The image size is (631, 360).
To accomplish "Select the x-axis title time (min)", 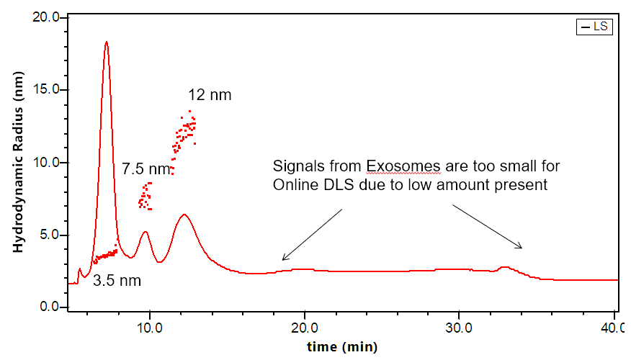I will [x=341, y=347].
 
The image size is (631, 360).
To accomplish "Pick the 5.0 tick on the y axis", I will [x=50, y=235].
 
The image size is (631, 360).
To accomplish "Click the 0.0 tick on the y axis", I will [x=50, y=307].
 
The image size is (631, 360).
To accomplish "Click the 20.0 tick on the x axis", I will [x=305, y=325].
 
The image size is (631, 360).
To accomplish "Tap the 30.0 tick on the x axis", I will [x=460, y=325].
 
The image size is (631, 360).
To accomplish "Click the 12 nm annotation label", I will [x=210, y=95].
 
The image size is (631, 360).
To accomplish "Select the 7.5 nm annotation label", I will [x=146, y=169].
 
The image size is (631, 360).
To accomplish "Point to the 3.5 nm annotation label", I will [x=117, y=281].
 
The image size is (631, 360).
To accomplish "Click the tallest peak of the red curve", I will [x=107, y=42].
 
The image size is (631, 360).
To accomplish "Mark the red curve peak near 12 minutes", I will [x=184, y=215].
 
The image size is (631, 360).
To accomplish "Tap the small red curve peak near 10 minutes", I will [x=146, y=232].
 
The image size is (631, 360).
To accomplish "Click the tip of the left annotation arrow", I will [x=282, y=260].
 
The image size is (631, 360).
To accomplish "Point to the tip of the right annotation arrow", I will [x=522, y=249].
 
